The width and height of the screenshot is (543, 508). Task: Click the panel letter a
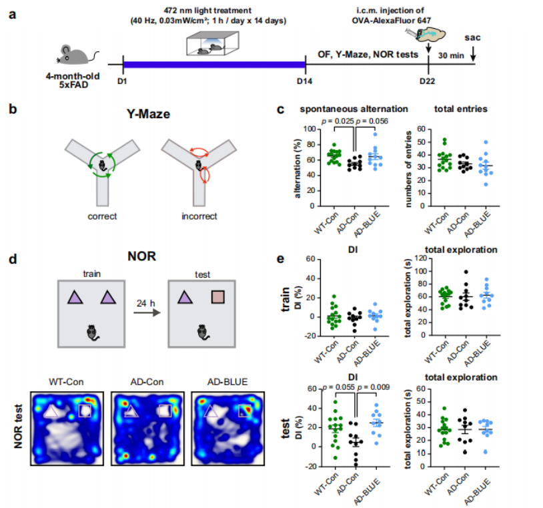pos(12,13)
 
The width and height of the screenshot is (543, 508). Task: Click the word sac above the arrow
pos(472,37)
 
